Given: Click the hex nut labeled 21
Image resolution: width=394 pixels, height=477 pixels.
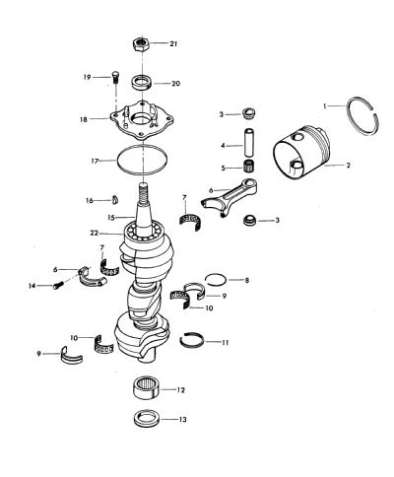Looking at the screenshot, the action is coord(142,43).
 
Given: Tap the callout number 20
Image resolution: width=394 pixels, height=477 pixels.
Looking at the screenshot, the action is coord(176,84).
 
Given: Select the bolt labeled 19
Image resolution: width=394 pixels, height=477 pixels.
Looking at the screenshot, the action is coord(115,78).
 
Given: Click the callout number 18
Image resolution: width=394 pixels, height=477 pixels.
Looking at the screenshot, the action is coord(84,120).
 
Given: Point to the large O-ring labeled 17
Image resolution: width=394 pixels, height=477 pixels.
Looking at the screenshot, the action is coord(117,161).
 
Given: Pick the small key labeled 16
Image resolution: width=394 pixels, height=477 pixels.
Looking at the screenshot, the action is coord(115,200).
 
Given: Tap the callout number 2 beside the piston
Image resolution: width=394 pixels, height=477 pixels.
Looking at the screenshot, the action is coord(349,165).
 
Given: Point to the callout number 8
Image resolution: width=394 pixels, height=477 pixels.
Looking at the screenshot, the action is coord(247,280).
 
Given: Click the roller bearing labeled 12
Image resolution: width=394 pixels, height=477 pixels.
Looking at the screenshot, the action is coord(147,388).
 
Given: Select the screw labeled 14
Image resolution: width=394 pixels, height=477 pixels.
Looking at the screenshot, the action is coord(57,285).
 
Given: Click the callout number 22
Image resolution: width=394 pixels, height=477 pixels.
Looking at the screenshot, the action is coord(95,233).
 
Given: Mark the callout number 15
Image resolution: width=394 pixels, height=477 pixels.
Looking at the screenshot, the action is coord(112,218).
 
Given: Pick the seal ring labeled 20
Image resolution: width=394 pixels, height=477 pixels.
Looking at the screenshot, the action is coord(142,82).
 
